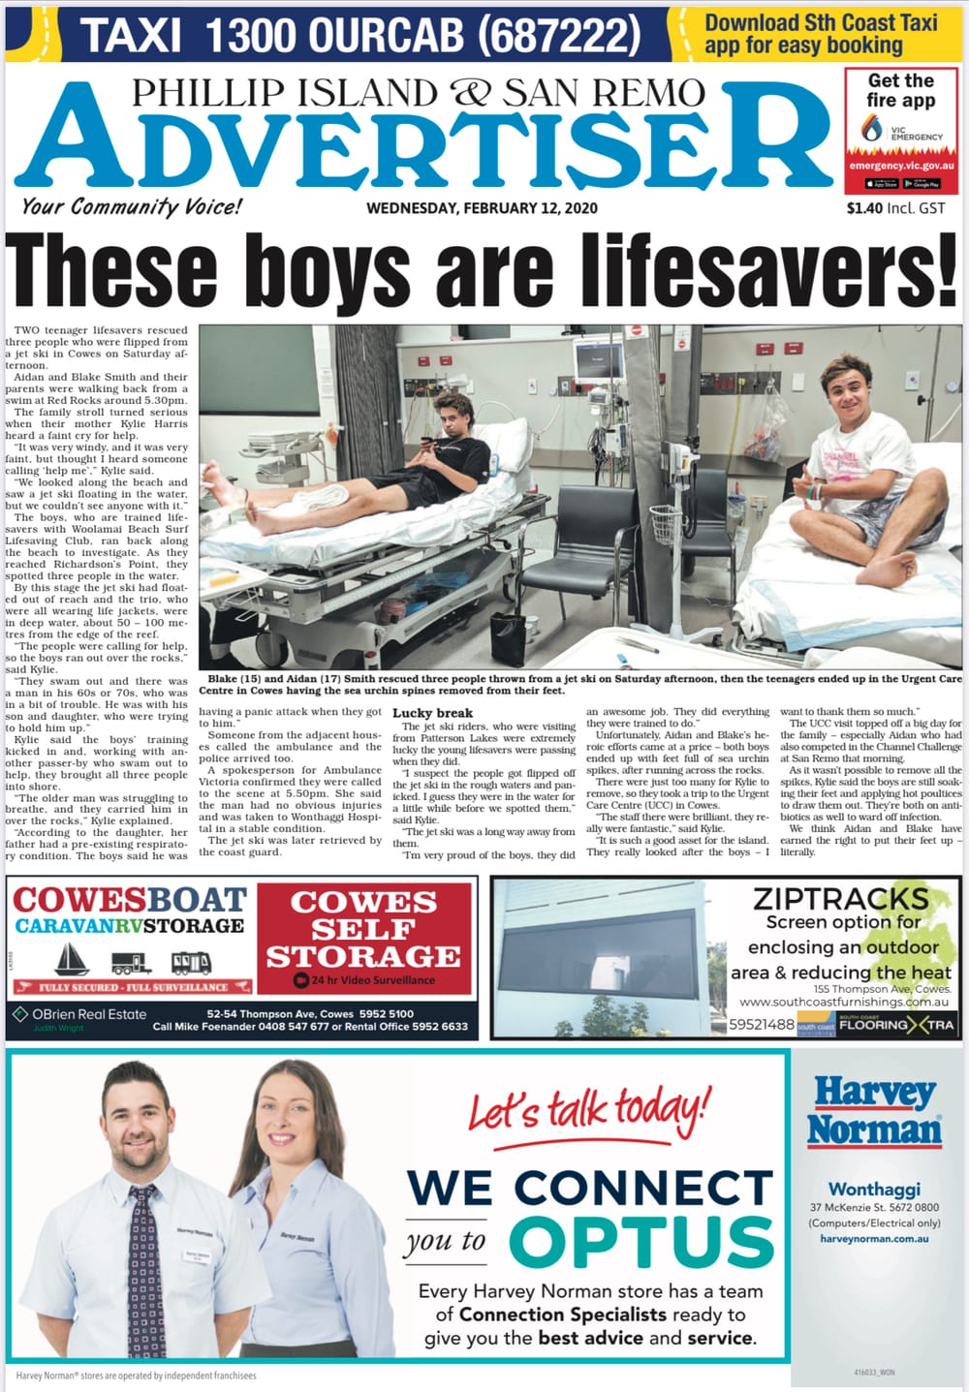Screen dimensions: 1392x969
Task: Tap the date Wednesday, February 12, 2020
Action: pyautogui.click(x=482, y=208)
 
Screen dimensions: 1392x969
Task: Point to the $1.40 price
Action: pyautogui.click(x=866, y=207)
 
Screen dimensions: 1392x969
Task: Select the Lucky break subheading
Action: pyautogui.click(x=432, y=713)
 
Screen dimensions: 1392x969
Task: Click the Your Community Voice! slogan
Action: pyautogui.click(x=131, y=206)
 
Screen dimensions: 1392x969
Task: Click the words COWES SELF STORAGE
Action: pyautogui.click(x=363, y=929)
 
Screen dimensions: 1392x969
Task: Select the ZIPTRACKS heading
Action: pyautogui.click(x=840, y=898)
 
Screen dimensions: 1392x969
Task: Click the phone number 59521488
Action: pyautogui.click(x=762, y=1024)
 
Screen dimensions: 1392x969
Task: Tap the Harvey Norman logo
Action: pyautogui.click(x=874, y=1111)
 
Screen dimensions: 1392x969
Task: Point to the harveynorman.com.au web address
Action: pyautogui.click(x=874, y=1238)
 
